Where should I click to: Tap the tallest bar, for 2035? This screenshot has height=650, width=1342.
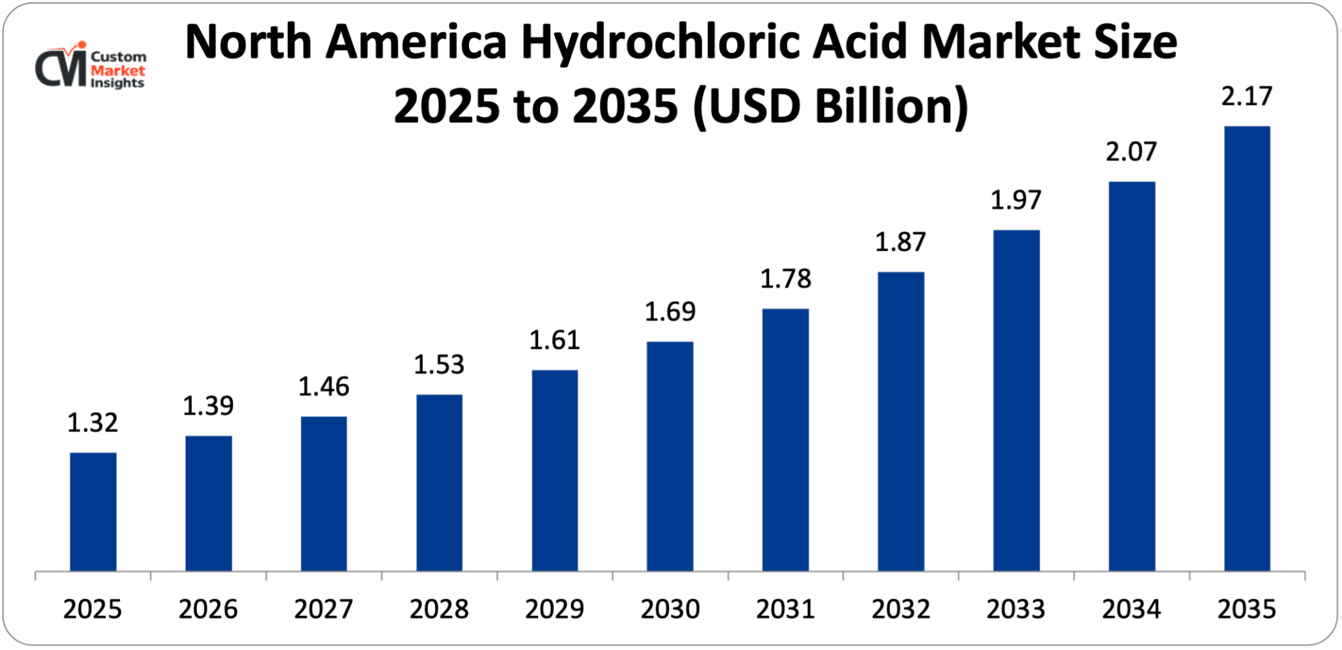pyautogui.click(x=1247, y=349)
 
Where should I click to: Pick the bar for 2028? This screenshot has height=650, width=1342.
pyautogui.click(x=439, y=483)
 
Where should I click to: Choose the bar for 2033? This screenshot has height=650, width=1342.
pyautogui.click(x=1016, y=400)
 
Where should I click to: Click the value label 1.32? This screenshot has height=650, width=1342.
pyautogui.click(x=93, y=423)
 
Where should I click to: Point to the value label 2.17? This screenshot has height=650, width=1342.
pyautogui.click(x=1247, y=97)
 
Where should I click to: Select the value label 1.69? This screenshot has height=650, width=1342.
pyautogui.click(x=670, y=312)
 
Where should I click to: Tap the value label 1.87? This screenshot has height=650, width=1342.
pyautogui.click(x=900, y=242)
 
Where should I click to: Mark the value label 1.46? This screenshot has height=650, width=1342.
pyautogui.click(x=323, y=387)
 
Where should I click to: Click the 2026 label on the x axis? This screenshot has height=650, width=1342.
pyautogui.click(x=208, y=609)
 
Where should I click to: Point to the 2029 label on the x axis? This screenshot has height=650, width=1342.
pyautogui.click(x=554, y=609)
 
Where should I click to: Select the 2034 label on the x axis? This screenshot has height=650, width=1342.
pyautogui.click(x=1131, y=609)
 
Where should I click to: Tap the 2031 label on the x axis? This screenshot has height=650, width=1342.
pyautogui.click(x=785, y=609)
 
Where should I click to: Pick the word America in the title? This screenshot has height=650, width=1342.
pyautogui.click(x=416, y=42)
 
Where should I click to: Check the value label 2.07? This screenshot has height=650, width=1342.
pyautogui.click(x=1131, y=152)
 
